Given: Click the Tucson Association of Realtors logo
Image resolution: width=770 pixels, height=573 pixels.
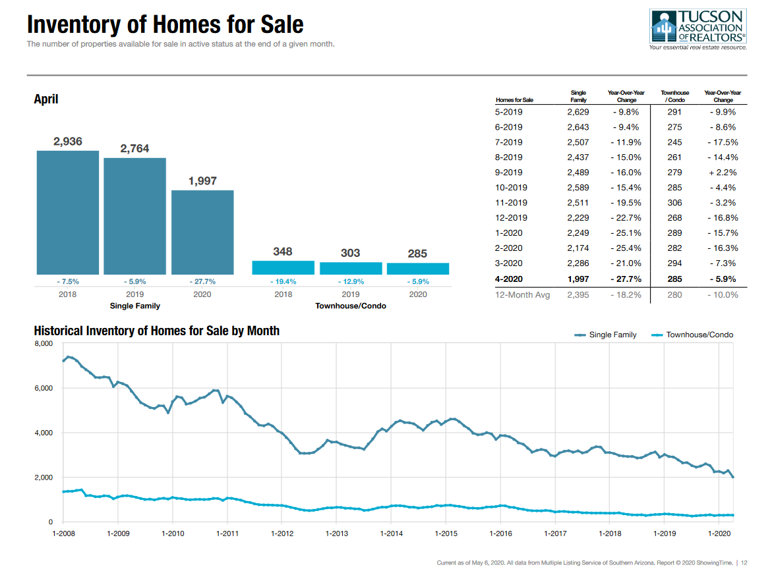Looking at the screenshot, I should [697, 29].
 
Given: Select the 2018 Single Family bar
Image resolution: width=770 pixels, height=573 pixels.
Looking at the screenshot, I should [67, 212].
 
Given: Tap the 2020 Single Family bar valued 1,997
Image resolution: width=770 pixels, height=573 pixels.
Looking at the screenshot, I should [202, 232].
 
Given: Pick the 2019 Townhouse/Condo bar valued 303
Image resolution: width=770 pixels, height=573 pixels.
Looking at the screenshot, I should [351, 268].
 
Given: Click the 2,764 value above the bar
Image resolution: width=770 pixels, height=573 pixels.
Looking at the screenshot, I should [134, 149].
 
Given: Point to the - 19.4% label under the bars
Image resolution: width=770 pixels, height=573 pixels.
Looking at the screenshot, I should [283, 282].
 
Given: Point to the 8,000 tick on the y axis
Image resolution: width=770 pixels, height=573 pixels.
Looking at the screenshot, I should [44, 344].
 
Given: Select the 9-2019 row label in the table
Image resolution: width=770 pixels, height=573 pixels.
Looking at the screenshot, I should [508, 173].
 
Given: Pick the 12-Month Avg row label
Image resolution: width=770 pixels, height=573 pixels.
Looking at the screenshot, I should [522, 294].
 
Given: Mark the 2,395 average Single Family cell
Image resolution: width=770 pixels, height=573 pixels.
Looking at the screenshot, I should [577, 294].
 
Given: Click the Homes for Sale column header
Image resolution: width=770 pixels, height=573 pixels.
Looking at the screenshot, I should [514, 100].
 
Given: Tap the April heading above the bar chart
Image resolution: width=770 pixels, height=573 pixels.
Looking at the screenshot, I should [46, 99].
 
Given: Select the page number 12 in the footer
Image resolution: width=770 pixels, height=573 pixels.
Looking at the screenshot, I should [744, 563].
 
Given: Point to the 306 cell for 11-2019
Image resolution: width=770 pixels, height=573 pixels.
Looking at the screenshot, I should [674, 203].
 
